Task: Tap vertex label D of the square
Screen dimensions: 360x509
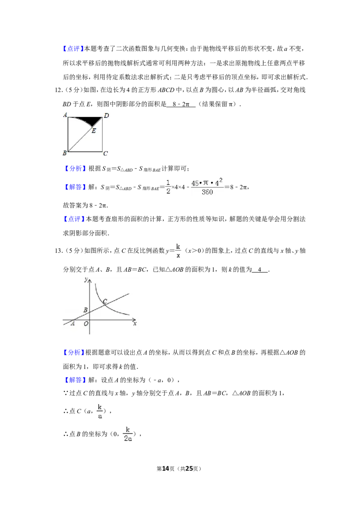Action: pos(106,116)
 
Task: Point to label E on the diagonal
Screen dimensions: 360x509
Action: pos(94,131)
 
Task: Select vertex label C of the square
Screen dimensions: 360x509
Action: pos(105,153)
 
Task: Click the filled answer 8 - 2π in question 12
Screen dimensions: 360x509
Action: pos(181,104)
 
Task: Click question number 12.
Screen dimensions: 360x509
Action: pos(58,90)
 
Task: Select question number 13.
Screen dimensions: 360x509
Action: pos(58,250)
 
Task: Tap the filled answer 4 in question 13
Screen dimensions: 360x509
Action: pos(260,269)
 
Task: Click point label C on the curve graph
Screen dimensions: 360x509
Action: pos(105,301)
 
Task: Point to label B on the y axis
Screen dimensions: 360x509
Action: pos(85,310)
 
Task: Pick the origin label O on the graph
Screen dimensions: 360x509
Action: pos(86,323)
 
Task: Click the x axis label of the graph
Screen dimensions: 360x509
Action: pos(135,323)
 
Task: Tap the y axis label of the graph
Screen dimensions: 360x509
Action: pos(86,279)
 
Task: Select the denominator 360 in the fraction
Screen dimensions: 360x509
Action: pos(207,192)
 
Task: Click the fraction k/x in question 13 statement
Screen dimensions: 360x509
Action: pos(178,250)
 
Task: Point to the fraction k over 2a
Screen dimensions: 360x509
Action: pos(128,434)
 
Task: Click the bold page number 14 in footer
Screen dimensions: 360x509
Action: pos(166,469)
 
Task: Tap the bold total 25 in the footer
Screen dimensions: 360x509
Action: pos(189,469)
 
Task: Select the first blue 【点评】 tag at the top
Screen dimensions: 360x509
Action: pos(73,49)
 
